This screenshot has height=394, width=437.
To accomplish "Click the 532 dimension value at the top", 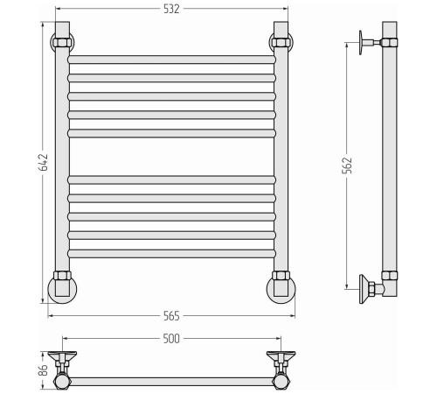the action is pos(171,9).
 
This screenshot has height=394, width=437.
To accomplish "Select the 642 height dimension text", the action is pos(43,162).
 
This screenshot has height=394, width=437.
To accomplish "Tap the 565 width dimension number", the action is pos(171,316).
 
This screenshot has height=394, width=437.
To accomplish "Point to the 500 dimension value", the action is pos(171,339).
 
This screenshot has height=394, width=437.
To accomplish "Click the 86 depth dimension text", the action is pos(43,370).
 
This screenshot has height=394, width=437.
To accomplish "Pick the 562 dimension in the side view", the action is pos(347,165).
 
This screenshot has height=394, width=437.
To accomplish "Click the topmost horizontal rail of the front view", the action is pos(171,60).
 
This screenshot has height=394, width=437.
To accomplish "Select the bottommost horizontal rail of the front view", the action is pos(171,254).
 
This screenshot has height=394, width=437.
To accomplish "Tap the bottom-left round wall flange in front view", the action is pos(62,289).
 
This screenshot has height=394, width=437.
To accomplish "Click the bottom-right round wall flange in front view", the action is pos(281,289).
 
